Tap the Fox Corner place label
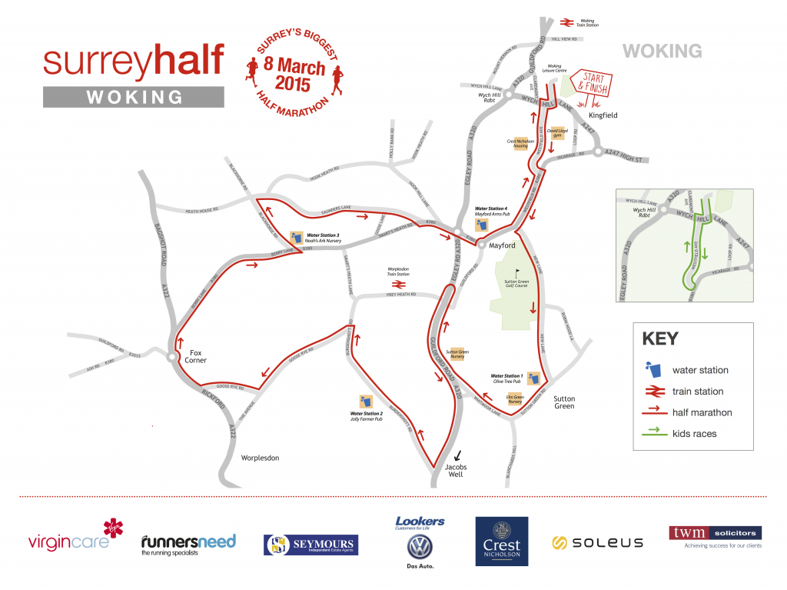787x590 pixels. point(200,355)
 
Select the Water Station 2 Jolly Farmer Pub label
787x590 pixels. point(367,416)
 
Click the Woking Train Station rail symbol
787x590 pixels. point(567,23)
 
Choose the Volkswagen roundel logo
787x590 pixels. point(420,547)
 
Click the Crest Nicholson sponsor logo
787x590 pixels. point(502,542)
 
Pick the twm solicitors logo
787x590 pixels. point(715,536)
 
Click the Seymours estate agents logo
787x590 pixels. point(310,545)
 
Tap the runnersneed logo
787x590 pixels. point(188,543)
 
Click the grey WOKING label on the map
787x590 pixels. point(662,52)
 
